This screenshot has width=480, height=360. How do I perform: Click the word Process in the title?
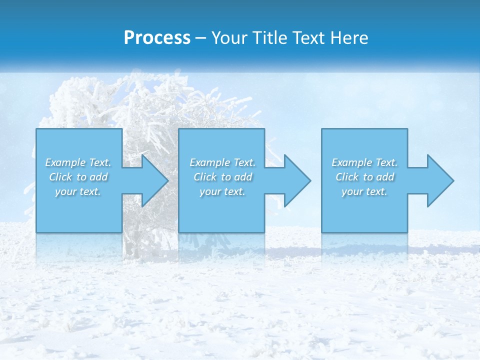tap(157, 38)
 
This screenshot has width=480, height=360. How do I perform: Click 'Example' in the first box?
tap(65, 162)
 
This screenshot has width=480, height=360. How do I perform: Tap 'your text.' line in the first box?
tap(78, 191)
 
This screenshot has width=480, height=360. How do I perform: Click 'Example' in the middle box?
tap(209, 162)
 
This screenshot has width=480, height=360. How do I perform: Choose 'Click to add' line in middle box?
tap(222, 177)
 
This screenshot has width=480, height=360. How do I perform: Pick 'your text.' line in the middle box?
tap(222, 191)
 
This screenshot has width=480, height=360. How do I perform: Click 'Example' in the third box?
tap(351, 162)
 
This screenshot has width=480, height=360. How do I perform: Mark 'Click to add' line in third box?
tap(364, 177)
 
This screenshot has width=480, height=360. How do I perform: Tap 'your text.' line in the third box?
tap(364, 191)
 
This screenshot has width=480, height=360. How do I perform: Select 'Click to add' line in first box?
tap(78, 177)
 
